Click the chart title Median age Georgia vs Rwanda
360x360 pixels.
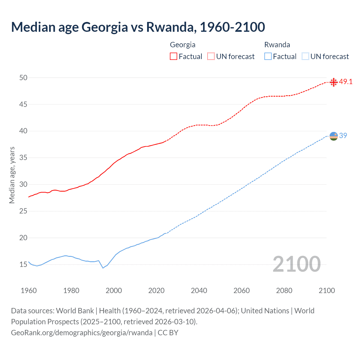point(138,27)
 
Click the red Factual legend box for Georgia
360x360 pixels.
point(174,56)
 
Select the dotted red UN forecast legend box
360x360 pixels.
point(211,56)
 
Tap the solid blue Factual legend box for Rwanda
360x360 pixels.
point(268,56)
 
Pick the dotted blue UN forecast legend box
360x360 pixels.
point(305,56)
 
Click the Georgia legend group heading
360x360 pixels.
point(183,45)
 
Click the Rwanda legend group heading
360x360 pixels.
point(277,45)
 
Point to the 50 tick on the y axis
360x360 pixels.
point(23,78)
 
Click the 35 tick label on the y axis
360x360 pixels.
point(23,158)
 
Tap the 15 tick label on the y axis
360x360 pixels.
point(23,265)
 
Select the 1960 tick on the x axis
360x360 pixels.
point(29,291)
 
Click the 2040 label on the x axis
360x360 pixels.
point(199,291)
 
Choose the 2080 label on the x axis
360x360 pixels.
point(284,291)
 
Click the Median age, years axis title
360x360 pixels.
point(12,175)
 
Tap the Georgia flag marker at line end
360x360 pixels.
point(334,82)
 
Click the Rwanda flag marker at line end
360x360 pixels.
point(334,136)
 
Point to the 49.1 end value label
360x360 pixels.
point(346,82)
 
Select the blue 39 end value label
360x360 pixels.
point(343,136)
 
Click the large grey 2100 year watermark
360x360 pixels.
point(297,264)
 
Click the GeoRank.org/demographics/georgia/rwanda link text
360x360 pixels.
point(82,333)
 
